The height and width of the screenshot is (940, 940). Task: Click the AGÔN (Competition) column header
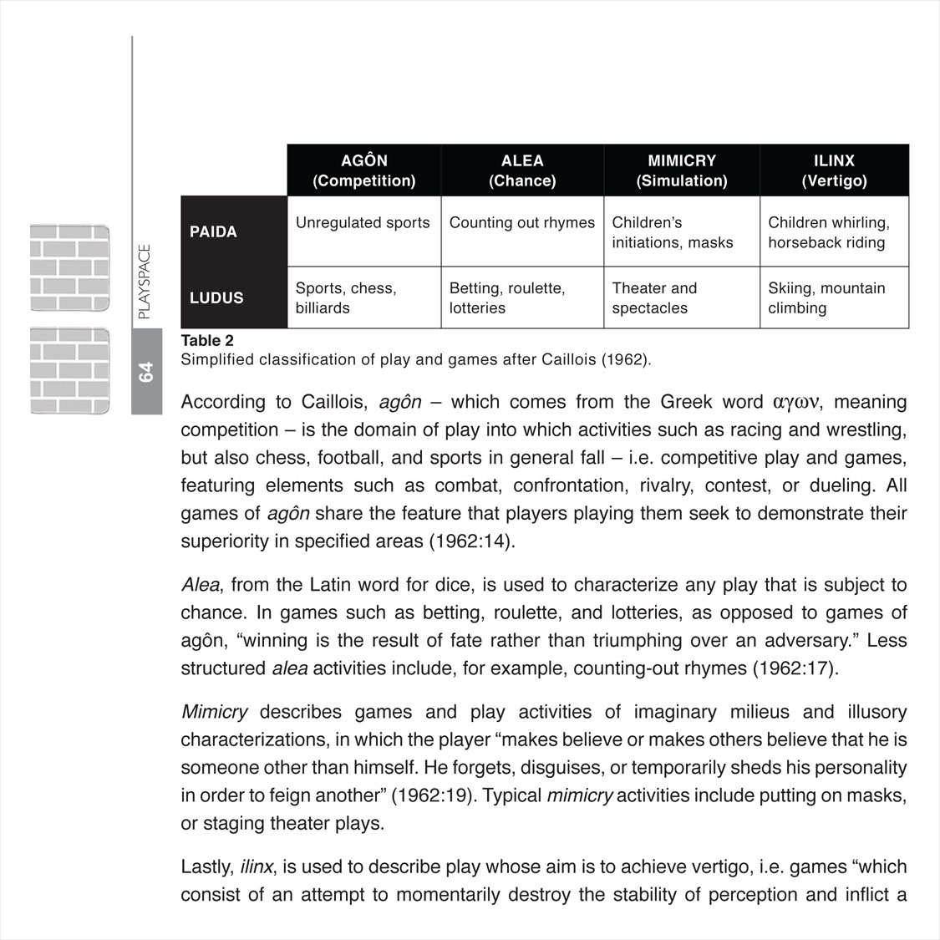click(x=363, y=170)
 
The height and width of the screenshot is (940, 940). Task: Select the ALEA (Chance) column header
click(x=522, y=170)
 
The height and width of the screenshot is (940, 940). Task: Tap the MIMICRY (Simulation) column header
click(x=682, y=170)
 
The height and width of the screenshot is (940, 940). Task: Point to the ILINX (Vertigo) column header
click(x=834, y=170)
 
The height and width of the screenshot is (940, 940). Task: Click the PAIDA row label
click(x=214, y=231)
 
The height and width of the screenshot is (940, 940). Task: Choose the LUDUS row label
click(x=216, y=297)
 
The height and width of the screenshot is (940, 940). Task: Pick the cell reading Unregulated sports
click(x=363, y=223)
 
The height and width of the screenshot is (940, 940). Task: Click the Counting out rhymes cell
click(x=522, y=223)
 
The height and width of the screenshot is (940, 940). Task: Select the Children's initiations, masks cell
click(x=672, y=232)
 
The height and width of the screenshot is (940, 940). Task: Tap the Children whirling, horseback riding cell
click(x=828, y=232)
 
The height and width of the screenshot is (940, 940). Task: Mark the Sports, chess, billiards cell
click(x=346, y=297)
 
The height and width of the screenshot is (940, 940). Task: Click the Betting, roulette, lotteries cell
click(x=507, y=297)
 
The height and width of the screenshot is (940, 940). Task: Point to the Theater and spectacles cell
click(x=654, y=297)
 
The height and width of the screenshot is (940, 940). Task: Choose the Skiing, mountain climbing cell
click(x=826, y=297)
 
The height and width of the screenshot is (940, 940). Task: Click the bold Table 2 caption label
click(x=207, y=340)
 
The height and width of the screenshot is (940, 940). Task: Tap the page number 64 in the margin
click(x=146, y=372)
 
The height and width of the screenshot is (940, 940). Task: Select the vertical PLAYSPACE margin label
click(x=145, y=282)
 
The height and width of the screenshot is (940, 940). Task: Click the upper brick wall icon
click(x=70, y=267)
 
